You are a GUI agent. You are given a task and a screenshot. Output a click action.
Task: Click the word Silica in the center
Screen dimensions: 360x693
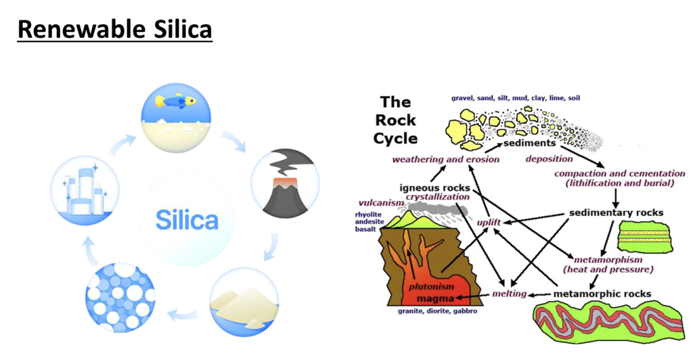tap(187, 221)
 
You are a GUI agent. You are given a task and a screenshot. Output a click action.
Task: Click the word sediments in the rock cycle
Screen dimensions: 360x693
tap(529, 143)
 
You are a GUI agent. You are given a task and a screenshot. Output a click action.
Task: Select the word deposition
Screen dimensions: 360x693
tap(550, 159)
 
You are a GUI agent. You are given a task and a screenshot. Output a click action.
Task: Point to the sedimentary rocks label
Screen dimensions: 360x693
tap(616, 212)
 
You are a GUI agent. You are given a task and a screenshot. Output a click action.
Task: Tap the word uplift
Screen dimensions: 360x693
tap(489, 221)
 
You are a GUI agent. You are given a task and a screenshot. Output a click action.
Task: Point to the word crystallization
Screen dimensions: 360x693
tap(437, 197)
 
